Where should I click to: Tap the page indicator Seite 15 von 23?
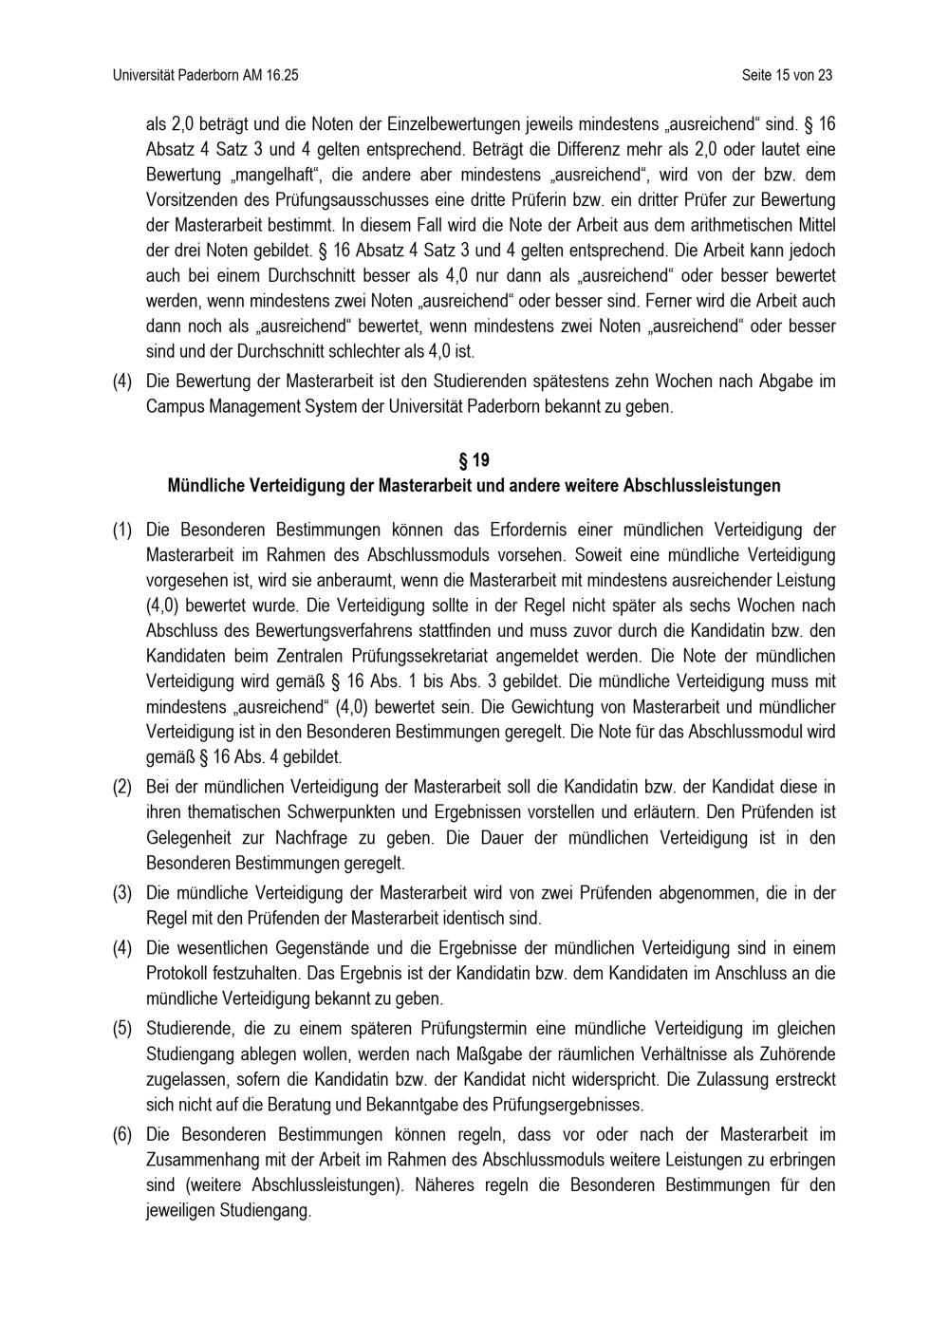click(x=787, y=74)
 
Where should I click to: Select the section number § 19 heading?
click(x=474, y=460)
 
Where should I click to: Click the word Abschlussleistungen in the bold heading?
click(x=701, y=486)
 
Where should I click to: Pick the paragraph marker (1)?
click(x=122, y=529)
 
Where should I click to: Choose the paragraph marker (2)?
click(x=122, y=787)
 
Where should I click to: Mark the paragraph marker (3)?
click(x=122, y=893)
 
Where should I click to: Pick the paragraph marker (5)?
click(x=122, y=1028)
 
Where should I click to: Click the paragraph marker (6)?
click(x=122, y=1134)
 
